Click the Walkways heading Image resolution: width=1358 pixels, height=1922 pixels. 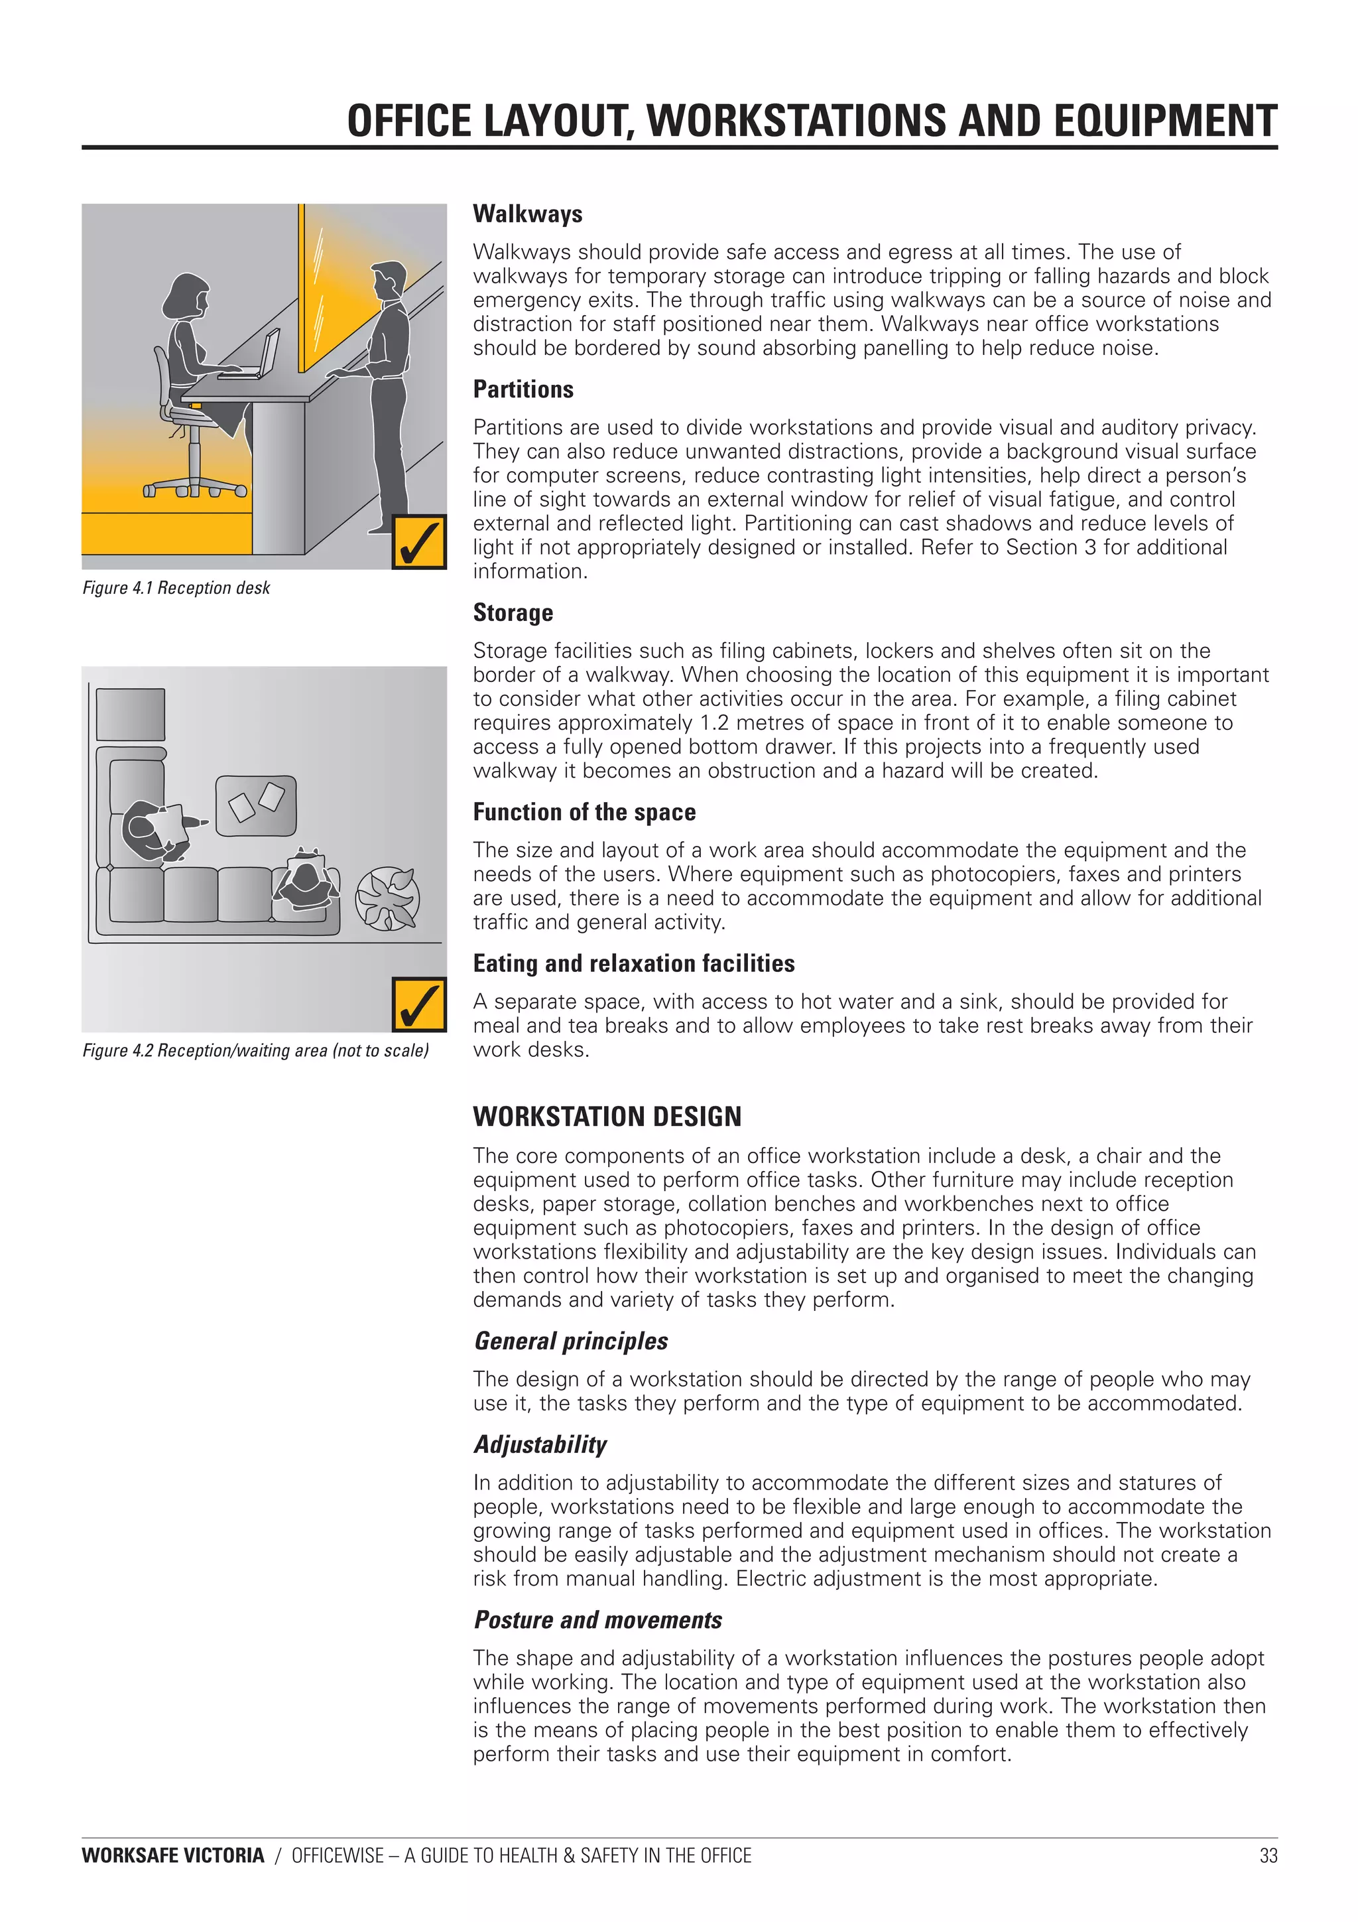click(x=527, y=214)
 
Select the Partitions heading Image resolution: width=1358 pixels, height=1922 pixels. click(x=523, y=389)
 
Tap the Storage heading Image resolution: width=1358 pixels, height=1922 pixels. click(x=513, y=613)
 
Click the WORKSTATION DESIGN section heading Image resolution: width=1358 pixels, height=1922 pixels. click(x=607, y=1117)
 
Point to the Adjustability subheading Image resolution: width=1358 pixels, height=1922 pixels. click(x=540, y=1445)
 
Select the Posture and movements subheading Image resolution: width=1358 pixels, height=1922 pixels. click(x=597, y=1620)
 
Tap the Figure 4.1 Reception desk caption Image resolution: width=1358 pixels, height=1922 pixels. click(x=176, y=588)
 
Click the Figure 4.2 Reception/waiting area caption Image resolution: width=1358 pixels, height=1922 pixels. click(x=255, y=1051)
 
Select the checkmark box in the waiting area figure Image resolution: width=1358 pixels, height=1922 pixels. click(x=418, y=1004)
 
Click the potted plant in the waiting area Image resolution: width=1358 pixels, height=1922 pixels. click(x=387, y=898)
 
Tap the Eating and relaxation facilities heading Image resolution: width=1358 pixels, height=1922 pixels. click(x=633, y=963)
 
